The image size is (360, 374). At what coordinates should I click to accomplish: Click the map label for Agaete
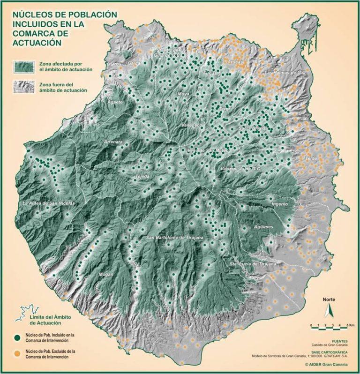pos(115,102)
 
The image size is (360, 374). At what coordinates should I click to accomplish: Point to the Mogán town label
pos(106,274)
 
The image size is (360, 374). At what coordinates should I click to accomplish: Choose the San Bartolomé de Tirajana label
pos(175,238)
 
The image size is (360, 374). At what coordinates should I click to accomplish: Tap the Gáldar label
pos(134,62)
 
